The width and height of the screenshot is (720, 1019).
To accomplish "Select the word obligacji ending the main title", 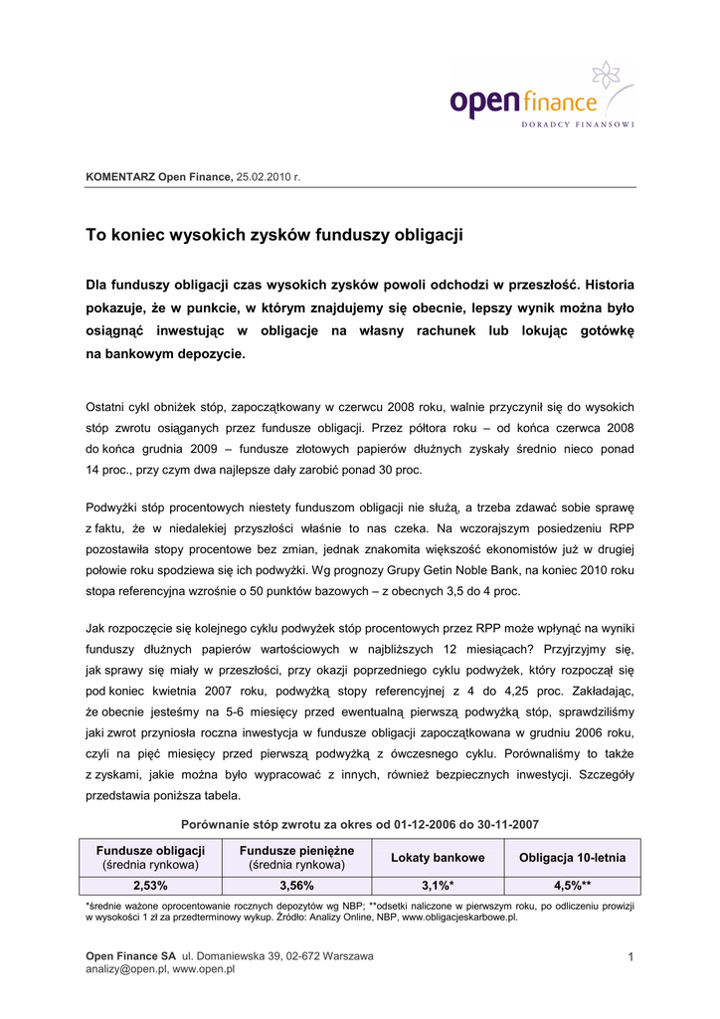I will point(426,236).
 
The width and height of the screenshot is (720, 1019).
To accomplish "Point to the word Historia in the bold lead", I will point(603,284).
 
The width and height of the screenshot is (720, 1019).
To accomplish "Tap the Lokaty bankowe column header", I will point(438,857).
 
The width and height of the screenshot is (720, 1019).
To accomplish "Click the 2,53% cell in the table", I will point(150,885).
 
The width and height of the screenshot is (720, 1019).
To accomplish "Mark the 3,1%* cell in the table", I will point(438,885).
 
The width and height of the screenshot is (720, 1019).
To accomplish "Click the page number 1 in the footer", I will point(630,956).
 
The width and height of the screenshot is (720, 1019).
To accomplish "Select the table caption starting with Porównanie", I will point(360,824).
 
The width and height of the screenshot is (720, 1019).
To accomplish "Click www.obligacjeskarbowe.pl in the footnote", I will point(459,917).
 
